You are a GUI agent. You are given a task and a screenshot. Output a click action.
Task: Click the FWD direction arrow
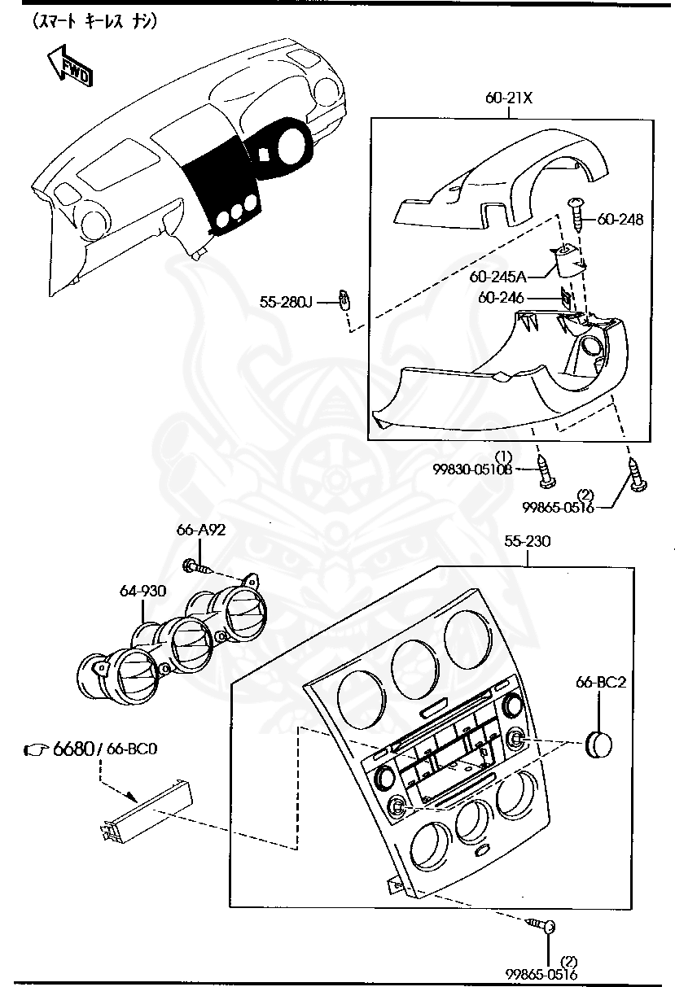[x=69, y=65]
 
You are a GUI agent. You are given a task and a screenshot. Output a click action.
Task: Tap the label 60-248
[x=620, y=219]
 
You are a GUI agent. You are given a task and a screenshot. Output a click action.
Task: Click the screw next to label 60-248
[x=579, y=213]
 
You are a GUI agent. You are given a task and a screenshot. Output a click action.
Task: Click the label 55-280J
[x=287, y=302]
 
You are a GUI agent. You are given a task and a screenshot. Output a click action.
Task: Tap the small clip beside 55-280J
[x=344, y=300]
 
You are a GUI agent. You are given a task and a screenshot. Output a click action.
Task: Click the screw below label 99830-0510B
[x=544, y=471]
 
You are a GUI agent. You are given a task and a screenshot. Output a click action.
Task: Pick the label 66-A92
[x=200, y=530]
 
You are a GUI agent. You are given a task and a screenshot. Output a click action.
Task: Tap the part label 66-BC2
[x=600, y=683]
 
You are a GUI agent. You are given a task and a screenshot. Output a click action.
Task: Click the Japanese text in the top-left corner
[x=94, y=22]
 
